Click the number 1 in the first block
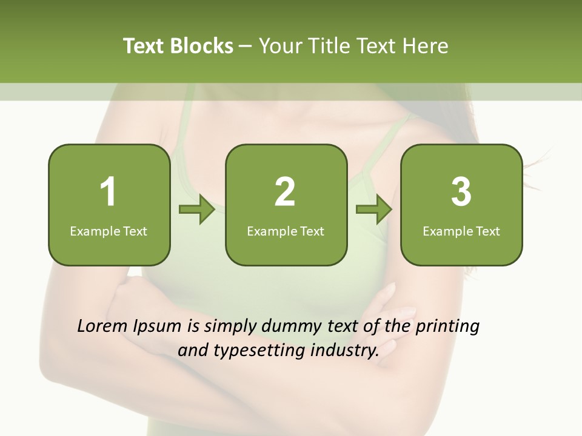109,192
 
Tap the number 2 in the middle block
285,192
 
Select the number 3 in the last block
461,192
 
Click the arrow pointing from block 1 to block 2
198,210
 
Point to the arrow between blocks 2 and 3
374,210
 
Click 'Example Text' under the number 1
109,231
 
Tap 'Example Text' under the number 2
286,231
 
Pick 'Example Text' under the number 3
461,231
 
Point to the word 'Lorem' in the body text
102,326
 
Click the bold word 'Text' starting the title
144,46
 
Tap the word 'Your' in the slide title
279,46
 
